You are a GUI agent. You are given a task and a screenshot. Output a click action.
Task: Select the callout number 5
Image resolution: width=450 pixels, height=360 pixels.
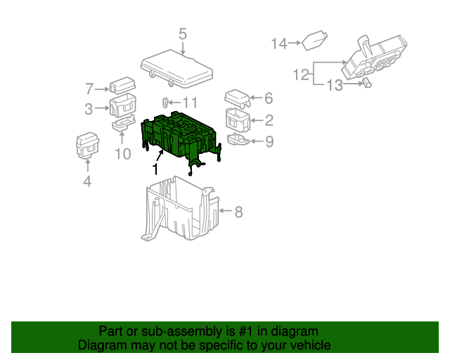pyautogui.click(x=183, y=34)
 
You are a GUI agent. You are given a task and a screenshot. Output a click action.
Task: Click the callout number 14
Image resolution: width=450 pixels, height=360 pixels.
pyautogui.click(x=280, y=44)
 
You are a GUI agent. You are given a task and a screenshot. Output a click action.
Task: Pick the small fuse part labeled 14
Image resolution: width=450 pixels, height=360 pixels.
pyautogui.click(x=314, y=41)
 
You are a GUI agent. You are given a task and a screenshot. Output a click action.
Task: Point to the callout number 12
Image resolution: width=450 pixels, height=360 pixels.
pyautogui.click(x=301, y=74)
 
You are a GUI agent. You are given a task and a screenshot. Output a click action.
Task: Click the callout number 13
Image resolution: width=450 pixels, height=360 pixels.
pyautogui.click(x=334, y=85)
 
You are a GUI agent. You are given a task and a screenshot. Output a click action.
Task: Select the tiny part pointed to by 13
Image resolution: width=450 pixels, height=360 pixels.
pyautogui.click(x=366, y=83)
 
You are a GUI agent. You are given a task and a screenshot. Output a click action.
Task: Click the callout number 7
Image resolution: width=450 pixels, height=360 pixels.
pyautogui.click(x=89, y=89)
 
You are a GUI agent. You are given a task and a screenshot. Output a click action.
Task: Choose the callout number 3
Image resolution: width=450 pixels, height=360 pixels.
pyautogui.click(x=89, y=108)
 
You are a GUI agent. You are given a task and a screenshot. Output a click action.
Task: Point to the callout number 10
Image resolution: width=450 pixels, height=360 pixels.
pyautogui.click(x=122, y=153)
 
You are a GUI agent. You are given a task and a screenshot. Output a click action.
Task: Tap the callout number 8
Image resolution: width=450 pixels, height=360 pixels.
pyautogui.click(x=238, y=211)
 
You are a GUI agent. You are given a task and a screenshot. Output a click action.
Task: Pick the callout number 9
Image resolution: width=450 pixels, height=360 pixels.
pyautogui.click(x=269, y=142)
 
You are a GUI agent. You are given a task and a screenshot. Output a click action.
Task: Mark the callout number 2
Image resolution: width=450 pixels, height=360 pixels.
pyautogui.click(x=269, y=120)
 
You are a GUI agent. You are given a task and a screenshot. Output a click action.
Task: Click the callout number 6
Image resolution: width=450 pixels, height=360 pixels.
pyautogui.click(x=268, y=98)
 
